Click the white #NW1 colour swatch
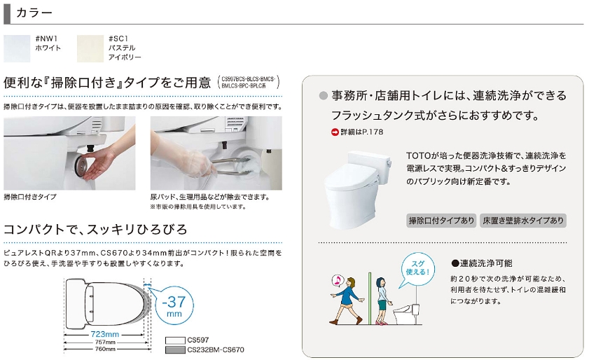[x=17, y=48]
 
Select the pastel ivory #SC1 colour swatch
[x=90, y=48]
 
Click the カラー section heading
[x=34, y=13]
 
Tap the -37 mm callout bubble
[x=174, y=305]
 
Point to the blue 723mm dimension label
[x=105, y=334]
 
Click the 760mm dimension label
[x=105, y=349]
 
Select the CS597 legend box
[x=175, y=340]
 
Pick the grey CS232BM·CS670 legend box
[x=175, y=350]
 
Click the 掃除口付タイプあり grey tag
[x=441, y=221]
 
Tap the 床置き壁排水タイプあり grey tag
[x=523, y=221]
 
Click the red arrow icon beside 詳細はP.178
[x=335, y=132]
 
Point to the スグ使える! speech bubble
[x=417, y=268]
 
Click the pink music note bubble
[x=338, y=280]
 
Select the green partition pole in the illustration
[x=370, y=298]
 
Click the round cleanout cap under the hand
[x=82, y=164]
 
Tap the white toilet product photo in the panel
[x=359, y=189]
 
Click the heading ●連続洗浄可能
[x=482, y=263]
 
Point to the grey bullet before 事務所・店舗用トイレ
[x=323, y=96]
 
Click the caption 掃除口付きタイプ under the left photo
[x=30, y=197]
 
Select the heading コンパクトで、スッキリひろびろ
[x=95, y=229]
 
